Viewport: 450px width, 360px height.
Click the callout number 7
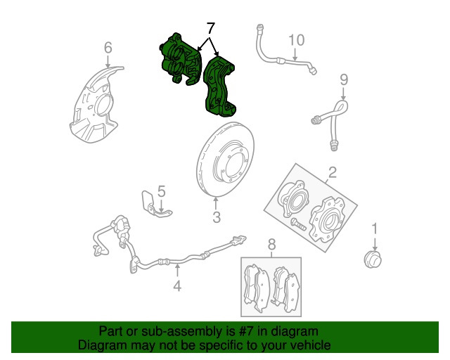coord(210,29)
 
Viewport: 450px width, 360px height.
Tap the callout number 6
coord(108,48)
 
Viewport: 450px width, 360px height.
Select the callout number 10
coord(296,40)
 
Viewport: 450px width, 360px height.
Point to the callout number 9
coord(344,79)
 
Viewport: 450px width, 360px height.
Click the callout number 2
coord(332,172)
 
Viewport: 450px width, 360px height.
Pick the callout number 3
coord(217,217)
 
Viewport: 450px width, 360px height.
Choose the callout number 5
coord(162,191)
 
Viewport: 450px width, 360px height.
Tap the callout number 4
coord(177,285)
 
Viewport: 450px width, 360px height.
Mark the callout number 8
coord(271,245)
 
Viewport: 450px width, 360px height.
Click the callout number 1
coord(375,229)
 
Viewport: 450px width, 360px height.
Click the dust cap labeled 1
coord(373,259)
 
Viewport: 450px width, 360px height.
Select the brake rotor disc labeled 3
coord(225,160)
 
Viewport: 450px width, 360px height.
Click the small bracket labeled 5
coord(155,205)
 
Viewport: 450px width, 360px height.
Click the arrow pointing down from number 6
coord(108,62)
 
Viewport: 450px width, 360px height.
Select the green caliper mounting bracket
coord(219,87)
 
